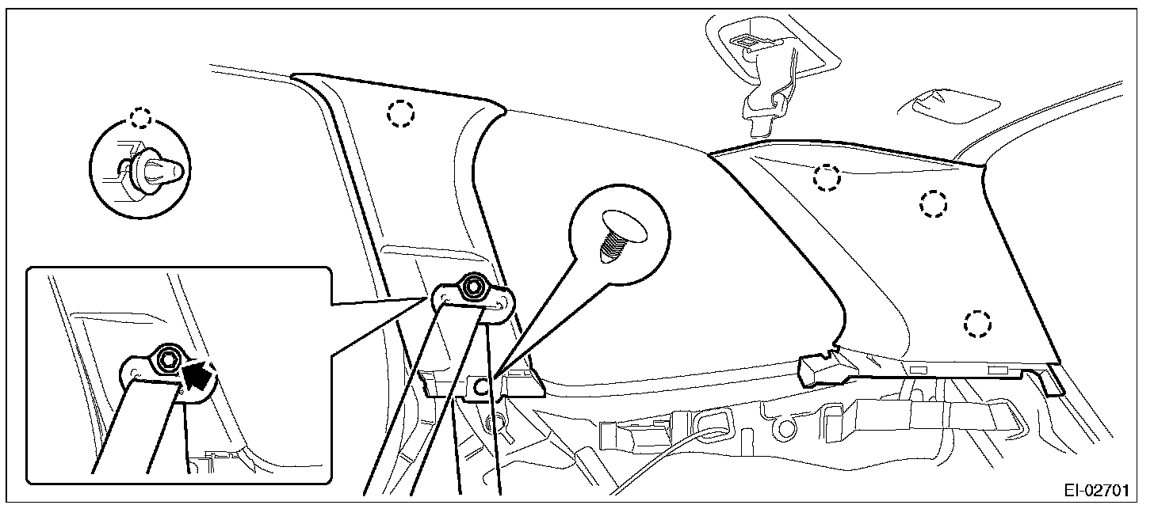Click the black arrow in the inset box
click(201, 373)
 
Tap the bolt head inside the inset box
click(167, 361)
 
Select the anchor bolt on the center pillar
click(474, 286)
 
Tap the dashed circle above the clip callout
click(141, 118)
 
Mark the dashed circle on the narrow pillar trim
click(400, 114)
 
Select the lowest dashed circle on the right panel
click(977, 322)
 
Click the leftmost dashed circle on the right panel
click(827, 178)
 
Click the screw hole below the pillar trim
click(480, 388)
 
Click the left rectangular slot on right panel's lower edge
click(919, 370)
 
